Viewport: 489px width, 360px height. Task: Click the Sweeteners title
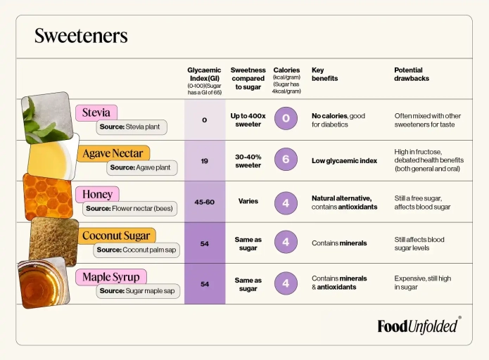(81, 36)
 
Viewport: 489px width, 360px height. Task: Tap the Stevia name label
(96, 112)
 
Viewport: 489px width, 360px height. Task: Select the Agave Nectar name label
(113, 153)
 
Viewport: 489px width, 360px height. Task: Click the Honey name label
(97, 194)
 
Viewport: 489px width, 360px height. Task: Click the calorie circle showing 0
(286, 117)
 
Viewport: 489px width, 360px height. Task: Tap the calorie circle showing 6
(286, 160)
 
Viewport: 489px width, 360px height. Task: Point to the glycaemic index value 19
(204, 161)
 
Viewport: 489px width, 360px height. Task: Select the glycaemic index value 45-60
(204, 202)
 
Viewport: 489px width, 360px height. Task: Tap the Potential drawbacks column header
(412, 74)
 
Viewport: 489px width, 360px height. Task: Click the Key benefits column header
(325, 74)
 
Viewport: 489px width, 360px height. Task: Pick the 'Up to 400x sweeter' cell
(248, 120)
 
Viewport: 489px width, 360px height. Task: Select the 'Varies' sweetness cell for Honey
(248, 201)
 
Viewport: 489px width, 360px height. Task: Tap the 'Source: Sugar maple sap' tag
(137, 290)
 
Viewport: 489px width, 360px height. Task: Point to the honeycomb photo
(48, 197)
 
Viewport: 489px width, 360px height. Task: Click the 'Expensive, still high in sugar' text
(422, 283)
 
